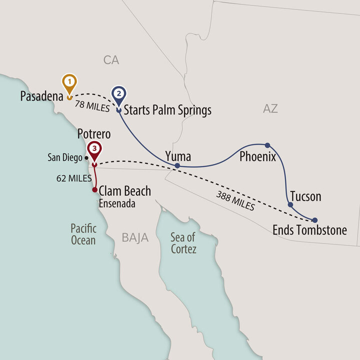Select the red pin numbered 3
pyautogui.click(x=94, y=149)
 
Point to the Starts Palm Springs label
pyautogui.click(x=167, y=109)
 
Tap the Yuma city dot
pyautogui.click(x=177, y=165)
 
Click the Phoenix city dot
pyautogui.click(x=267, y=145)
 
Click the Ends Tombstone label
pyautogui.click(x=309, y=230)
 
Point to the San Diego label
pyautogui.click(x=65, y=157)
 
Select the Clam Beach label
pyautogui.click(x=125, y=190)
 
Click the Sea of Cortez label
pyautogui.click(x=183, y=243)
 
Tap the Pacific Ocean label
pyautogui.click(x=83, y=234)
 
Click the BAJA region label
pyautogui.click(x=135, y=238)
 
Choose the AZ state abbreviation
pyautogui.click(x=270, y=108)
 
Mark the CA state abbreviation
pyautogui.click(x=111, y=60)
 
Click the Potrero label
pyautogui.click(x=94, y=134)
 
